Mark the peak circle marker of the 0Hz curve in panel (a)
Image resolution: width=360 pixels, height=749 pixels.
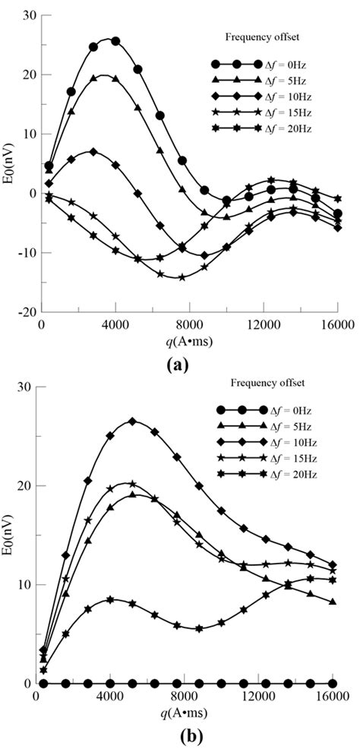pyautogui.click(x=115, y=41)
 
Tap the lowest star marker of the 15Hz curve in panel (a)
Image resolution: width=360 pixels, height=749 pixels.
pyautogui.click(x=182, y=277)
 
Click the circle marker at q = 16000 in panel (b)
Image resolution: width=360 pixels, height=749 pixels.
pyautogui.click(x=336, y=684)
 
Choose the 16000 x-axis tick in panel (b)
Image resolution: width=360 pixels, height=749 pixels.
pyautogui.click(x=334, y=697)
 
